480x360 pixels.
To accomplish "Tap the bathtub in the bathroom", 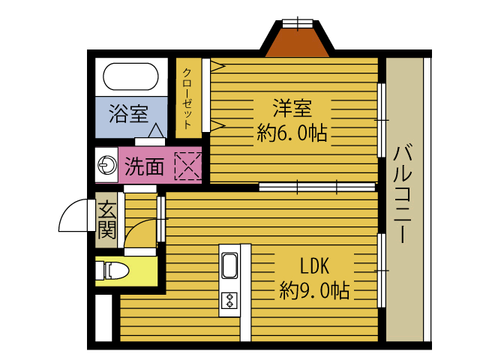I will click(130, 76).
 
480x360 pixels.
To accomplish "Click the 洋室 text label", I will click(291, 109).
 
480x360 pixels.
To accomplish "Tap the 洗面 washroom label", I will click(144, 165).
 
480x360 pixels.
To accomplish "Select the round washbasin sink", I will click(106, 165).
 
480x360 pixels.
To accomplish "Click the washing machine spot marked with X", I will click(187, 165).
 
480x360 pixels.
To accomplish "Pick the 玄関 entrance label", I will click(106, 220).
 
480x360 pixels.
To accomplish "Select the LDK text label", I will click(314, 266).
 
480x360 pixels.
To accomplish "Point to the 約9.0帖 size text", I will click(314, 290).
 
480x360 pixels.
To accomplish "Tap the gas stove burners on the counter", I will click(229, 301).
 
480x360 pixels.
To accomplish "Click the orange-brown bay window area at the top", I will click(298, 43).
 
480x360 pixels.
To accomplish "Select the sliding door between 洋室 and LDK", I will click(316, 186).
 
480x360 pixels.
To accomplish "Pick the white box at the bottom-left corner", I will click(103, 318).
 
